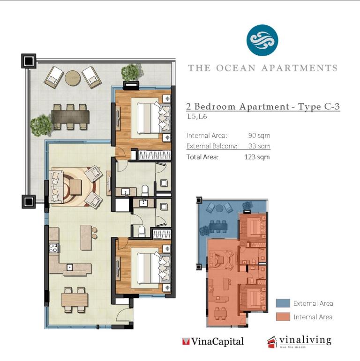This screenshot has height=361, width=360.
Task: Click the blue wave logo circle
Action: click(x=262, y=40)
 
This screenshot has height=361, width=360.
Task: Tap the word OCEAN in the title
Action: click(x=236, y=68)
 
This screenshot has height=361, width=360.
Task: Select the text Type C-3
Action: click(x=319, y=107)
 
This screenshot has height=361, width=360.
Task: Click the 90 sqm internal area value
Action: click(x=259, y=135)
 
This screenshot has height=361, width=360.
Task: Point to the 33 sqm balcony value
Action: click(x=259, y=146)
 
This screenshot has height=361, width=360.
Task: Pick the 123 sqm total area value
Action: click(x=257, y=157)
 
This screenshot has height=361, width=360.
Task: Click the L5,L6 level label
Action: click(x=197, y=117)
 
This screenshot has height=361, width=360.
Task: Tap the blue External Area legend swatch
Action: click(x=283, y=303)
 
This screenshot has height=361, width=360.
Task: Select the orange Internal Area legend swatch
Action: click(x=283, y=317)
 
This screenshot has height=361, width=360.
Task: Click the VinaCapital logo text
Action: click(x=213, y=341)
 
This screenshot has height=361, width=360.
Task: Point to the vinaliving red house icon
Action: click(x=272, y=342)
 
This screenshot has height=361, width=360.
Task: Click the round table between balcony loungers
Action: click(x=73, y=78)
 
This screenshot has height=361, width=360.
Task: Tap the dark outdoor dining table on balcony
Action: click(x=70, y=117)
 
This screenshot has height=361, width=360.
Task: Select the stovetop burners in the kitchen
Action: click(x=53, y=248)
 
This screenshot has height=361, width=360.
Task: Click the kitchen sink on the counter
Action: click(x=69, y=267)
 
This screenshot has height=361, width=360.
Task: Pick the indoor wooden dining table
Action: click(x=75, y=300)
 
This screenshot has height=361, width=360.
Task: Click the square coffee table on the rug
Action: click(x=75, y=187)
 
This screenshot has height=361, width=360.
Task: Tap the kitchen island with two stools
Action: click(x=86, y=237)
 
